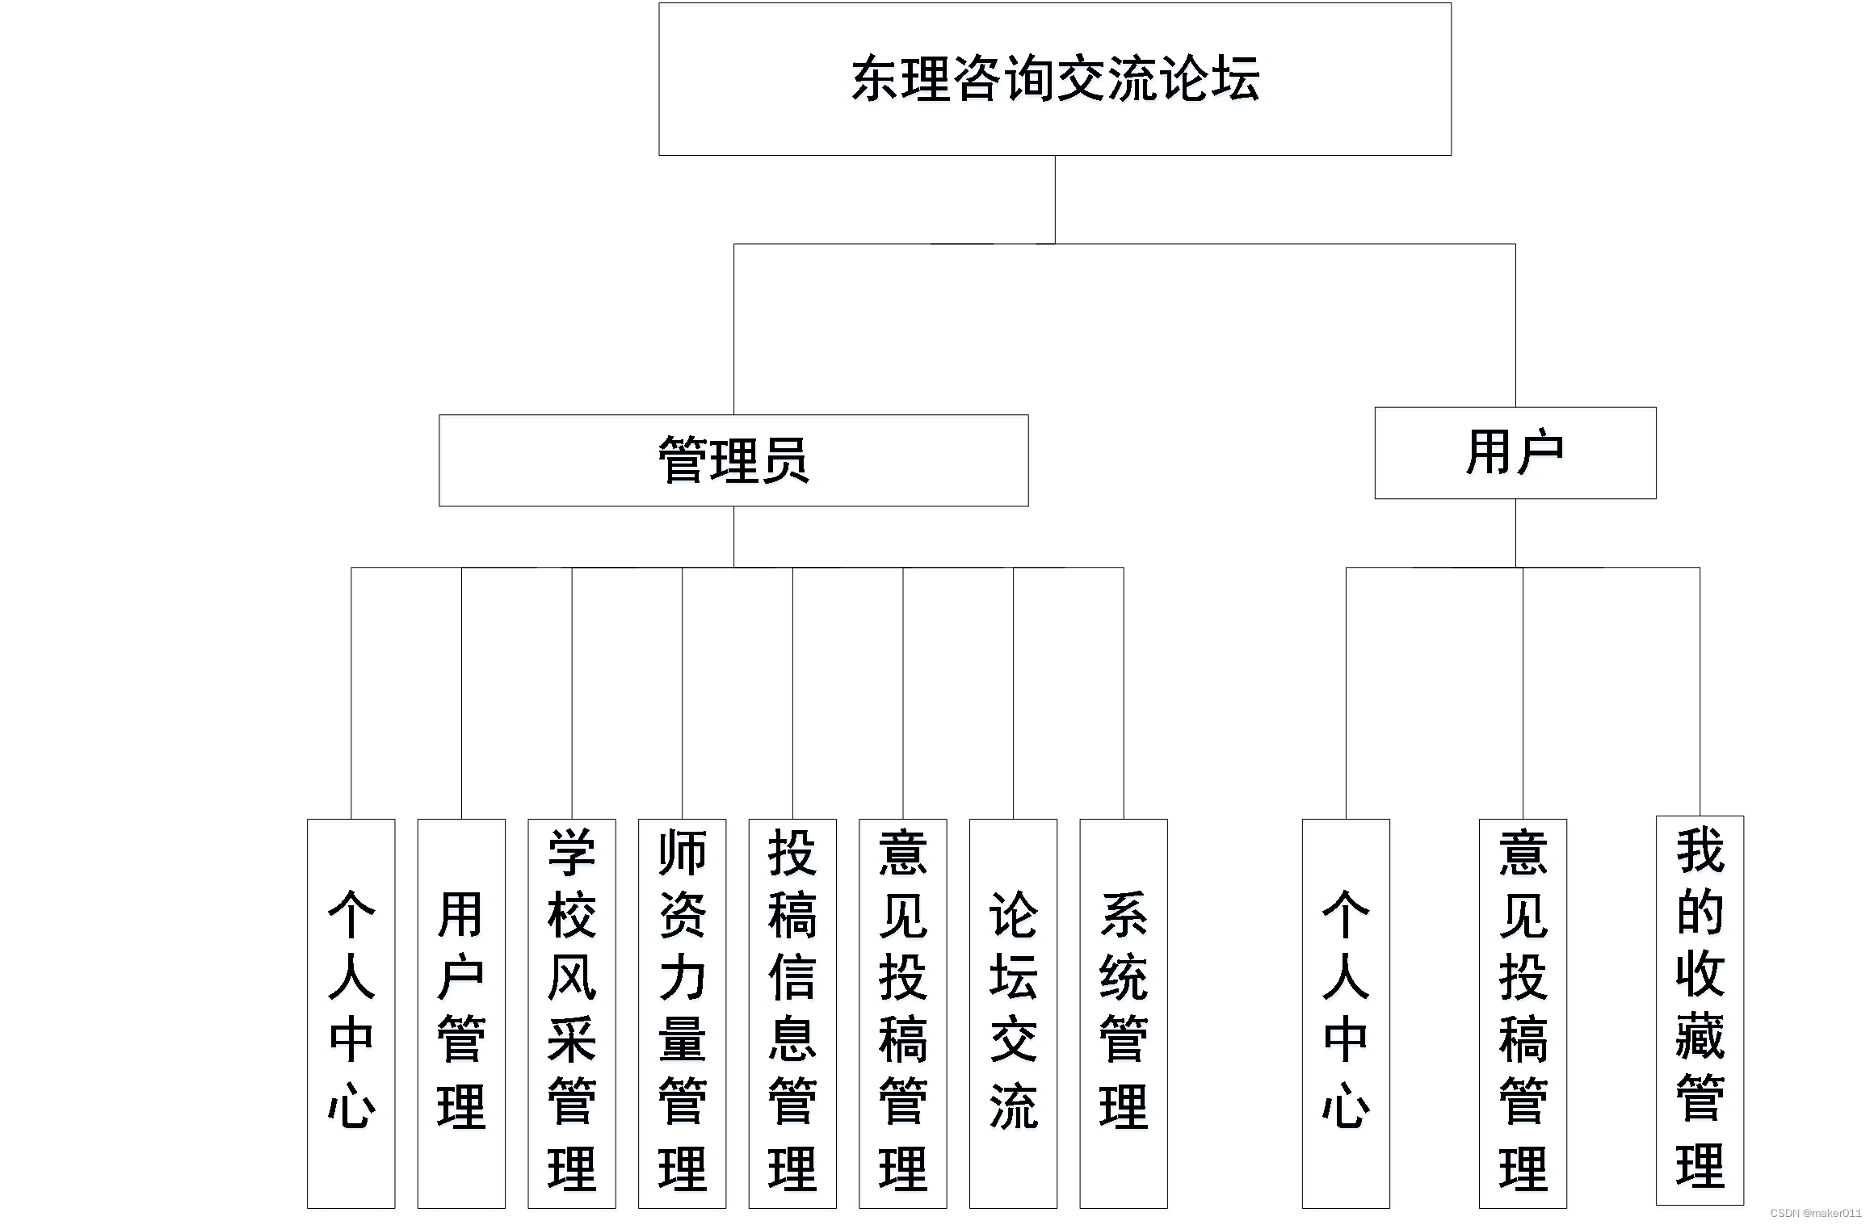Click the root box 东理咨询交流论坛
point(1054,79)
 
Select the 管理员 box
point(733,460)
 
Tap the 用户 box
point(1515,452)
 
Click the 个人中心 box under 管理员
point(351,1013)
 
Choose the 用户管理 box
point(461,1013)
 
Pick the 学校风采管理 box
point(571,1013)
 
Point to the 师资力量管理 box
point(682,1013)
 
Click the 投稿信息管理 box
point(792,1013)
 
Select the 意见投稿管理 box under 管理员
point(902,1013)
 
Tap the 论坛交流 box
point(1013,1013)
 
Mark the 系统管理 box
point(1123,1013)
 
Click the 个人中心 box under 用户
point(1345,1013)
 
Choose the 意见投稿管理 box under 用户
point(1522,1013)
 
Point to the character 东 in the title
point(876,79)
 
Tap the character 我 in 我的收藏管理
point(1700,850)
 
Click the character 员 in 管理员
point(784,460)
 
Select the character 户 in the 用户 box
point(1540,452)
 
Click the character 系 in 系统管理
point(1123,915)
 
